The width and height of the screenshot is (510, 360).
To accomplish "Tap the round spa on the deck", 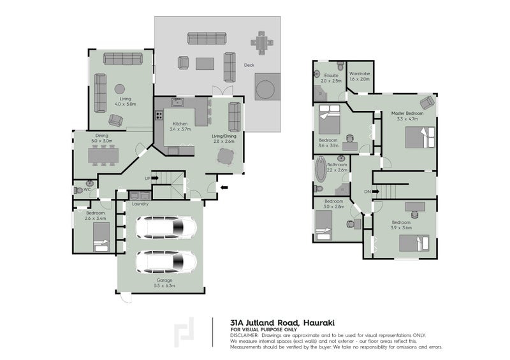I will (x=266, y=85).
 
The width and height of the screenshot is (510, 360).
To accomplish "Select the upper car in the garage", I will (x=166, y=227).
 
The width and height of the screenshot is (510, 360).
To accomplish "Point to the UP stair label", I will (x=147, y=178).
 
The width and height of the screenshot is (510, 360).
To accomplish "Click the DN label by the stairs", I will (x=367, y=191).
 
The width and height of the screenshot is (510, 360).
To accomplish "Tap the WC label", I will (x=87, y=189).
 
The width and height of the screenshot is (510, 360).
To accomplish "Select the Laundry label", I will (x=140, y=204).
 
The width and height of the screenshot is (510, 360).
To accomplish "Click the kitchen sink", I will (x=177, y=103).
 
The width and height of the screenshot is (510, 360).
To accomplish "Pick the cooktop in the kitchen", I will (x=158, y=117).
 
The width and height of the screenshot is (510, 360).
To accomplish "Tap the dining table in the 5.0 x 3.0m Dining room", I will (x=102, y=154).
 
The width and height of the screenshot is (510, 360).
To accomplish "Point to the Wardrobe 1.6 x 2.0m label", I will (x=360, y=76).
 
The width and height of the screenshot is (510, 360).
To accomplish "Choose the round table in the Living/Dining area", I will (x=226, y=156).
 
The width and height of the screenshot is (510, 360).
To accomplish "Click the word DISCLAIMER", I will (x=245, y=335).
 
